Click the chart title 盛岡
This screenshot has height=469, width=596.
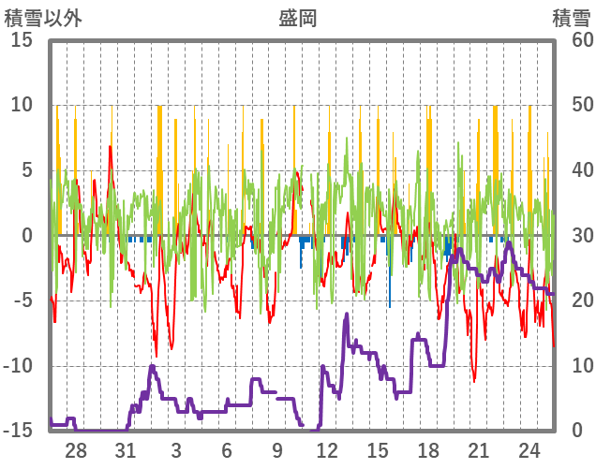(x=298, y=18)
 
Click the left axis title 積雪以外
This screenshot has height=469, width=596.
(x=44, y=18)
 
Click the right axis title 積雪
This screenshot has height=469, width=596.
(x=571, y=18)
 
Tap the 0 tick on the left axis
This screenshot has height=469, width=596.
(x=27, y=235)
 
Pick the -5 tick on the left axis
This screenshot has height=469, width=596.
(x=22, y=300)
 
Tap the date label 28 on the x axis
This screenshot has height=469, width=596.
(x=76, y=450)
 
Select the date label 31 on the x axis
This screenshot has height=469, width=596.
(x=127, y=450)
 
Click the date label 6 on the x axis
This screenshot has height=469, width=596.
(x=227, y=450)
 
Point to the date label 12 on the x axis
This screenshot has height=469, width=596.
(x=328, y=450)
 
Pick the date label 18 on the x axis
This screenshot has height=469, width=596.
(x=428, y=450)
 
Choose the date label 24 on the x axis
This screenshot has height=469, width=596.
(x=529, y=450)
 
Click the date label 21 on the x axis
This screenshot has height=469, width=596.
(x=478, y=450)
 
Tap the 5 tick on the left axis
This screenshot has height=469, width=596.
(x=27, y=169)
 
